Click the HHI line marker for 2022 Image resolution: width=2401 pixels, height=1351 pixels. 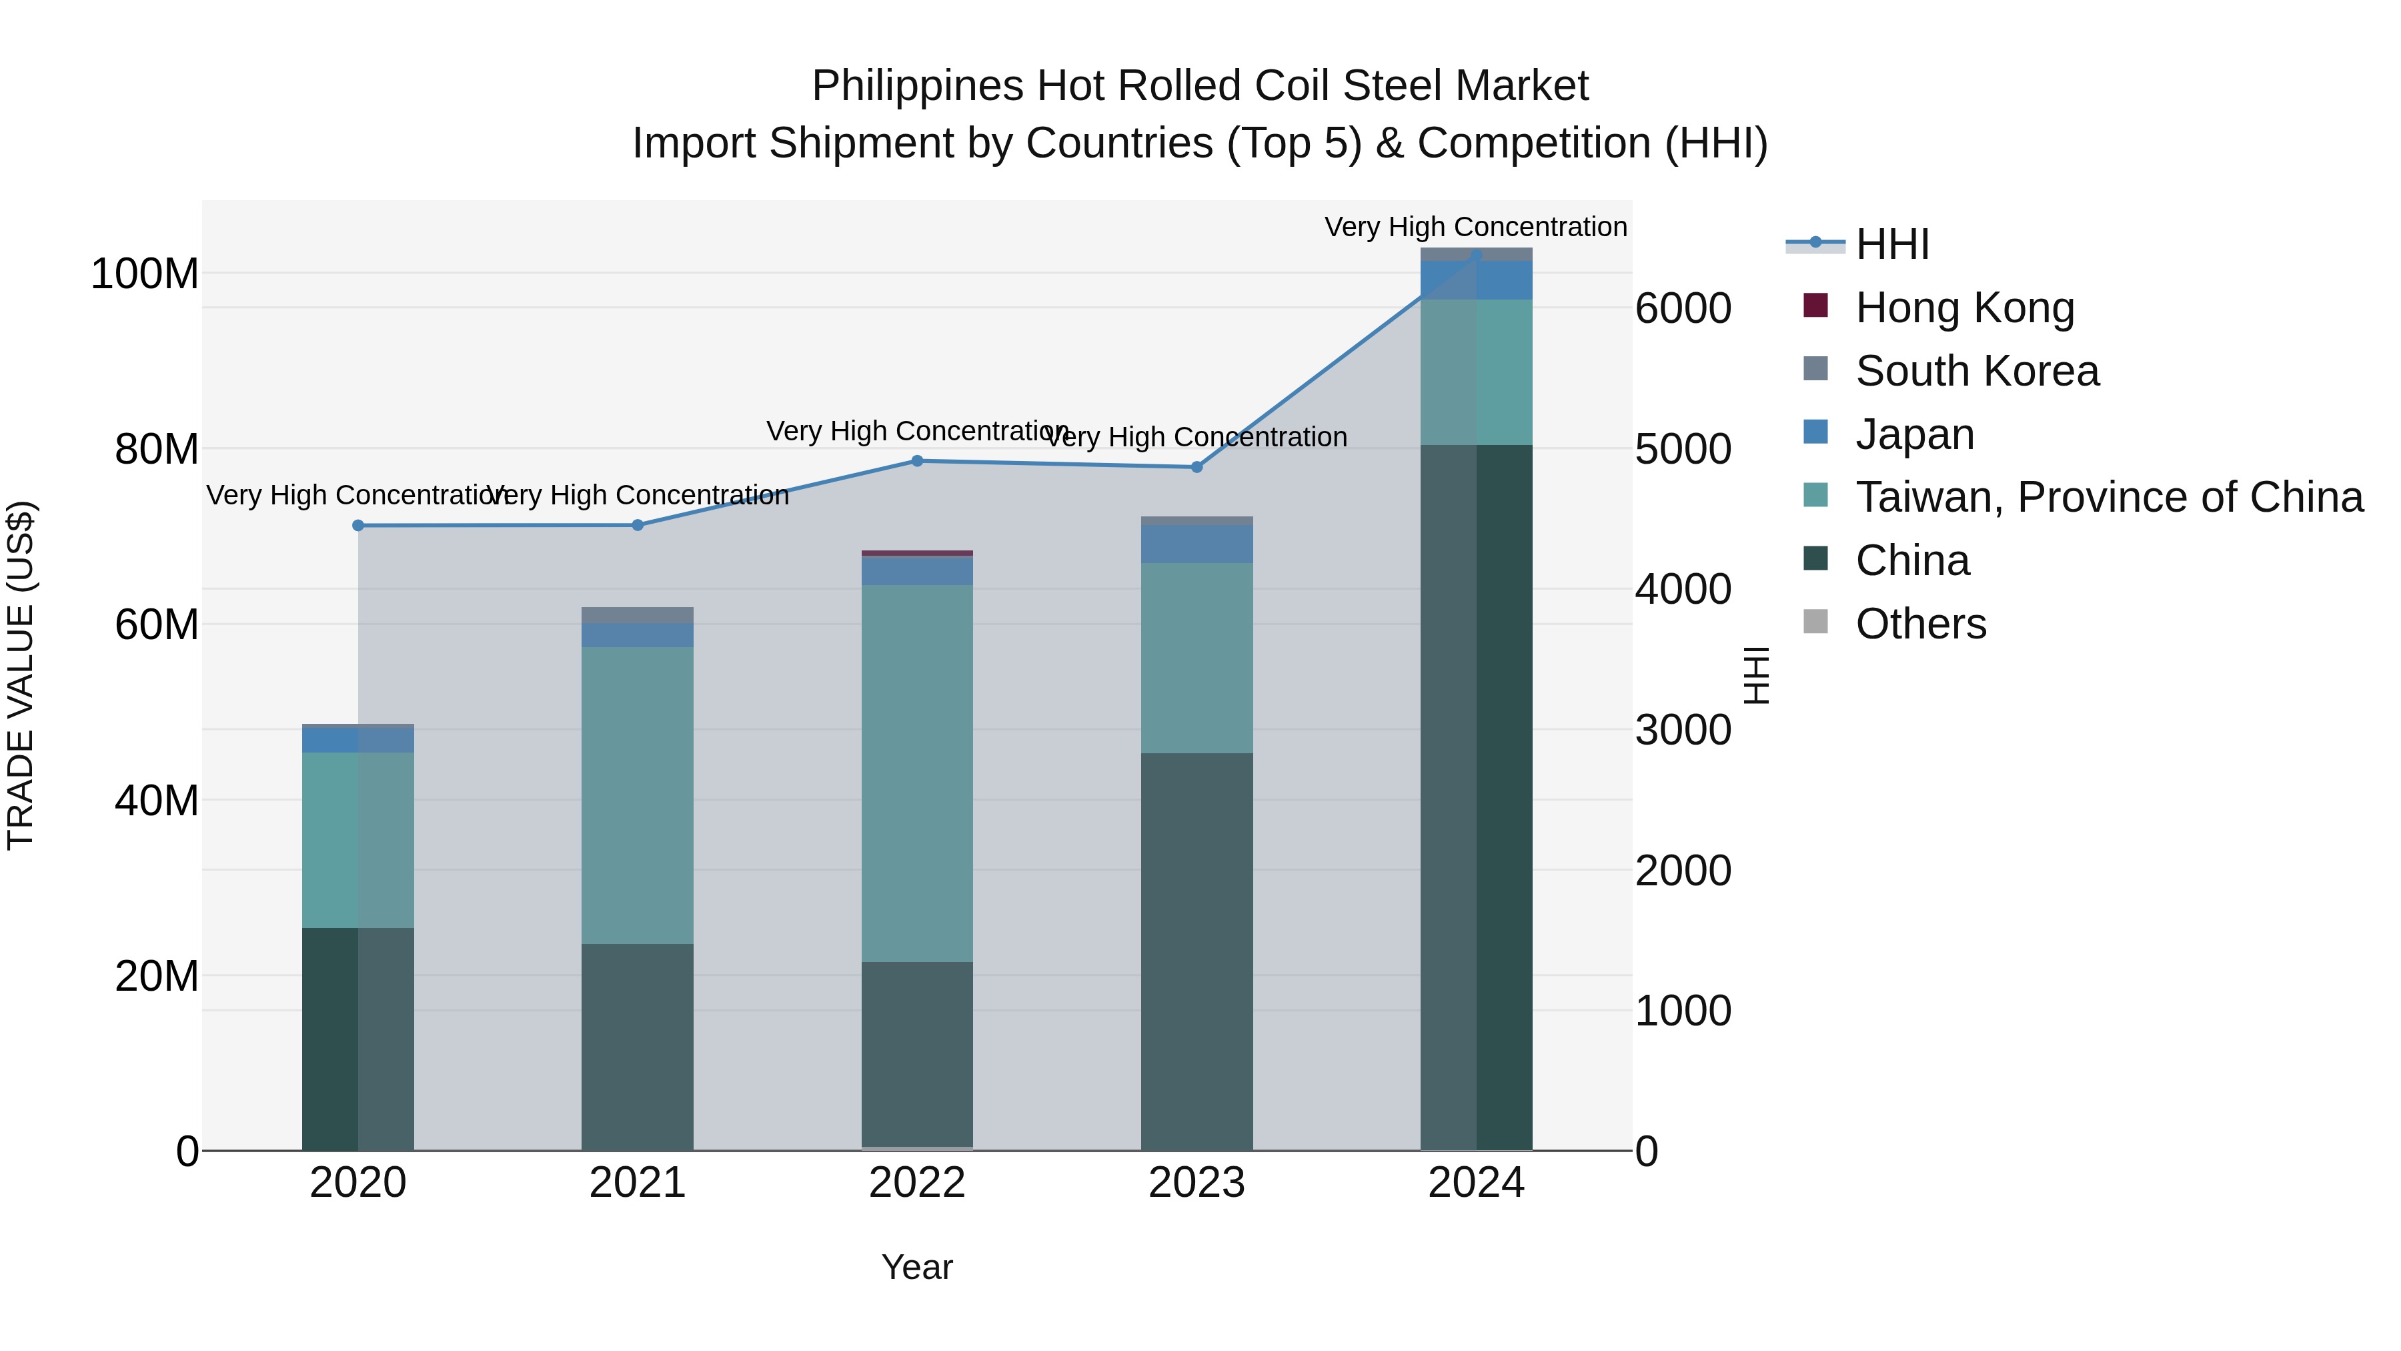click(917, 460)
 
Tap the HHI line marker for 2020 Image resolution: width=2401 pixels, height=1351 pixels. click(358, 526)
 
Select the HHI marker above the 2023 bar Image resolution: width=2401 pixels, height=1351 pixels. click(1196, 467)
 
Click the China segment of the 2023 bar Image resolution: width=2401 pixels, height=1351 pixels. click(1196, 951)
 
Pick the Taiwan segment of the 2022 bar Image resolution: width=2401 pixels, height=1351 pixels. click(917, 774)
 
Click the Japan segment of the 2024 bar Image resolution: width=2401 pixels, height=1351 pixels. click(1477, 280)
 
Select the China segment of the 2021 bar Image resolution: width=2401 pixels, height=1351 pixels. click(638, 1046)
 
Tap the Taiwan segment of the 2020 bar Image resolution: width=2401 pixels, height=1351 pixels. click(358, 839)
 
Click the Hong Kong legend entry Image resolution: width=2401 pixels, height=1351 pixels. click(1964, 308)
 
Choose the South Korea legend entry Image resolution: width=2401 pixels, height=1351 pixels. click(1976, 371)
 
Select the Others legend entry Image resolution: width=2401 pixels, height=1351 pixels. click(1920, 624)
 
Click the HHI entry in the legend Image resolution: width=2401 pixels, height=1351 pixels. click(1891, 244)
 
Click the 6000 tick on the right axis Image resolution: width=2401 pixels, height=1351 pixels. click(1683, 309)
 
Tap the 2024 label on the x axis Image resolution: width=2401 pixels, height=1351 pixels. click(1477, 1183)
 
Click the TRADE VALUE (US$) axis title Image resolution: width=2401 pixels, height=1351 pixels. click(21, 675)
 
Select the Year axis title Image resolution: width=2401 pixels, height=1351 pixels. click(917, 1267)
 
